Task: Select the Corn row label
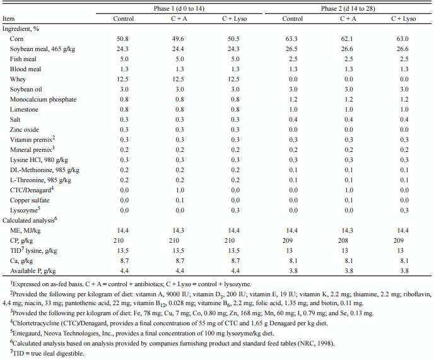[x=18, y=38]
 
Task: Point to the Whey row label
[x=19, y=79]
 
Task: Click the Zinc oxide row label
[x=25, y=129]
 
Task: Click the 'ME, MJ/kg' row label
[x=26, y=230]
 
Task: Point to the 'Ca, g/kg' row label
[x=23, y=260]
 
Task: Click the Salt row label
[x=16, y=119]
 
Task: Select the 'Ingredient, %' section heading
[x=23, y=28]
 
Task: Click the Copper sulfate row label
[x=29, y=200]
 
